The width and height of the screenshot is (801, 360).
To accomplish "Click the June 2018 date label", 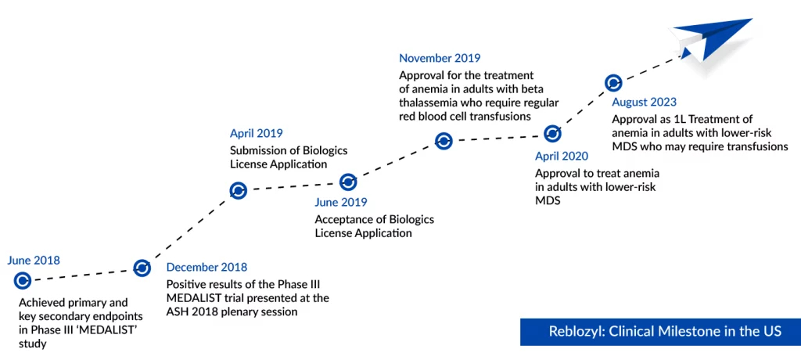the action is [x=33, y=261].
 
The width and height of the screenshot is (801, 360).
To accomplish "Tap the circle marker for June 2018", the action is [x=23, y=280].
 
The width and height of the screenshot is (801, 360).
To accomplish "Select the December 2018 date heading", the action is [x=207, y=267].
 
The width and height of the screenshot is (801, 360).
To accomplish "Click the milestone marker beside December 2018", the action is [x=142, y=268].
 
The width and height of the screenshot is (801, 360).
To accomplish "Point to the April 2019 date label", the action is [x=256, y=134].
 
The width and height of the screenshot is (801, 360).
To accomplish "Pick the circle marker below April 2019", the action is [x=238, y=190].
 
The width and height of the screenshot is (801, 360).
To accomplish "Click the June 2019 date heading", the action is [x=341, y=202].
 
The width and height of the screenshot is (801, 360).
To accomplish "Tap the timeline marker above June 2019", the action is [x=348, y=182].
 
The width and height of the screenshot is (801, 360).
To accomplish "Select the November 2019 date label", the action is [x=440, y=58].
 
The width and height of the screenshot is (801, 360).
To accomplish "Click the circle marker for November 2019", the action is [x=444, y=141].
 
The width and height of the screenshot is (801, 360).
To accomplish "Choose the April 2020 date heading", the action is [x=562, y=156].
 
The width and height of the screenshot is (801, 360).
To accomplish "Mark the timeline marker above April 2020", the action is [x=552, y=134].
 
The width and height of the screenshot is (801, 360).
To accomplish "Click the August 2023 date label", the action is [x=645, y=102].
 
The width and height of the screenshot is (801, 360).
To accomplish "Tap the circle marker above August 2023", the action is [x=613, y=82].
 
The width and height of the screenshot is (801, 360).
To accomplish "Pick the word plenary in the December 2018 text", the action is [x=245, y=311].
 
